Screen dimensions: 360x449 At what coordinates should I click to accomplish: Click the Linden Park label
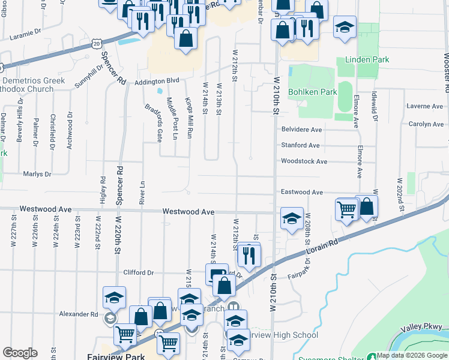click(x=367, y=60)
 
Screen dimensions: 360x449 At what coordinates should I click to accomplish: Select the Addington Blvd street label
click(x=157, y=80)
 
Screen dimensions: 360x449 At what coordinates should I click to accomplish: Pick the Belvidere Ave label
click(x=302, y=130)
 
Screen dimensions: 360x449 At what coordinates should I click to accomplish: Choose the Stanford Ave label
click(x=301, y=146)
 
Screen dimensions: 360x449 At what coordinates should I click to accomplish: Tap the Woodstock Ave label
click(x=304, y=161)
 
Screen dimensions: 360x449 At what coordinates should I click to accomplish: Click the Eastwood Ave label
click(x=302, y=193)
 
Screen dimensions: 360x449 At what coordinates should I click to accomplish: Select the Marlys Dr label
click(x=37, y=174)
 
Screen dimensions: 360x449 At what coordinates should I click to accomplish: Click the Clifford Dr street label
click(x=139, y=273)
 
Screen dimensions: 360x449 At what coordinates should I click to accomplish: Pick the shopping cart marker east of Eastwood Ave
click(x=347, y=209)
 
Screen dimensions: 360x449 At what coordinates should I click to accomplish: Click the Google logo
click(x=20, y=353)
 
